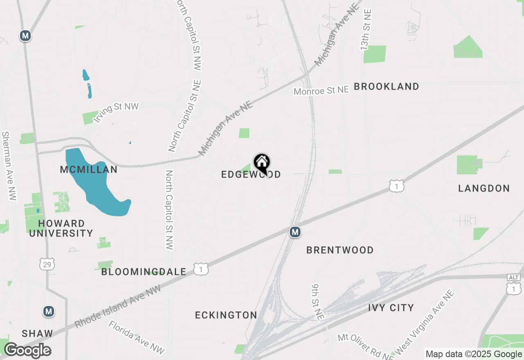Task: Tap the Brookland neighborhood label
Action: (x=386, y=87)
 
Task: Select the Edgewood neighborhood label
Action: (x=251, y=175)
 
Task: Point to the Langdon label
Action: (x=484, y=189)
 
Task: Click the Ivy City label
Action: (x=391, y=308)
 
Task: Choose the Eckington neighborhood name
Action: (x=226, y=315)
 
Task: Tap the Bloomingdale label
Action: (x=144, y=272)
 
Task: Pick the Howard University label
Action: (x=61, y=229)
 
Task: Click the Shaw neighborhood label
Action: (x=37, y=333)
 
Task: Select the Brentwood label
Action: (x=340, y=250)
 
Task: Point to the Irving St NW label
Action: (x=116, y=112)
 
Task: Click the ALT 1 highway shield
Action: (x=514, y=285)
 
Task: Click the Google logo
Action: (x=27, y=351)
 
